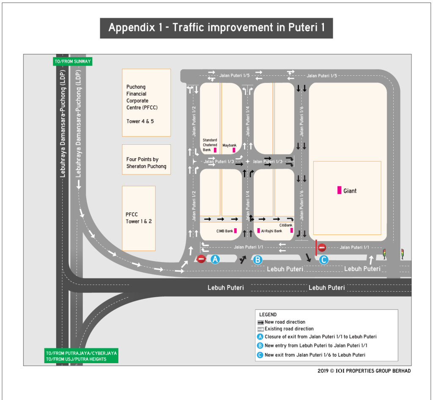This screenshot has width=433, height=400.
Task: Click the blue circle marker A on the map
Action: click(215, 259)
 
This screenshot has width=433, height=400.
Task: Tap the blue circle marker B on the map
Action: click(258, 260)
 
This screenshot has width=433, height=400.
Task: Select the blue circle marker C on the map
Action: click(323, 260)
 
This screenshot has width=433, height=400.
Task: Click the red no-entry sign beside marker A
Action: click(201, 259)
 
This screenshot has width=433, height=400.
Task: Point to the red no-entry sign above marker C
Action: click(322, 248)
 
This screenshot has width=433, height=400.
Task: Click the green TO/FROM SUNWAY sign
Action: click(73, 61)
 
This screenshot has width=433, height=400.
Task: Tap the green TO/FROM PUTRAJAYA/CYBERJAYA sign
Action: click(82, 356)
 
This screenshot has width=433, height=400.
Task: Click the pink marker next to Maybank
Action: click(234, 150)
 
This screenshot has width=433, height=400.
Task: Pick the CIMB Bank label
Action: click(225, 231)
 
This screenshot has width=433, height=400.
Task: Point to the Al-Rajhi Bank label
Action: click(271, 231)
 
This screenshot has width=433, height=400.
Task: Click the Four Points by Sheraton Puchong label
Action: click(146, 163)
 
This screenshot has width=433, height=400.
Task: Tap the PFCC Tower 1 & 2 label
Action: click(139, 218)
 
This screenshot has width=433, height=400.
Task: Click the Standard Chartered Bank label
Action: click(210, 145)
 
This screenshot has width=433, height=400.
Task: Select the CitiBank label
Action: click(286, 225)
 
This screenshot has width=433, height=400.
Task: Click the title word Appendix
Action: click(132, 28)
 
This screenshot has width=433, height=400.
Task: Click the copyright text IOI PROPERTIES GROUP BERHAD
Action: click(373, 371)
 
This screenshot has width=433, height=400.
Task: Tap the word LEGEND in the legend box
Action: click(268, 314)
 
